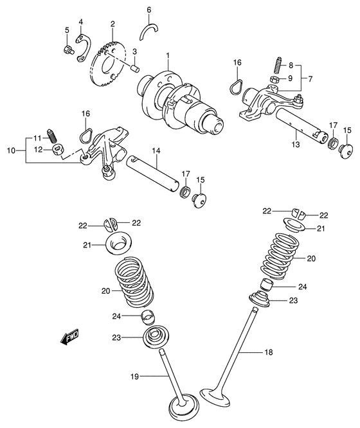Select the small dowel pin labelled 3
pos(134,66)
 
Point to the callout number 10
pos(54,137)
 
